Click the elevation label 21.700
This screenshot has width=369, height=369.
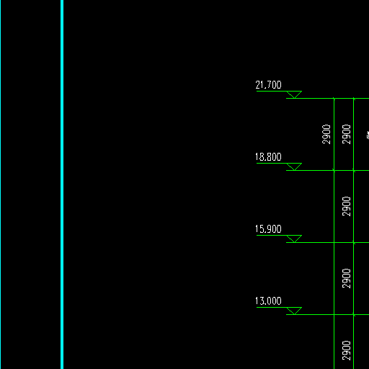pyautogui.click(x=268, y=85)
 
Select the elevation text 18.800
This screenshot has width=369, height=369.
pyautogui.click(x=268, y=157)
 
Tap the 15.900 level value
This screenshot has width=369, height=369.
pyautogui.click(x=268, y=229)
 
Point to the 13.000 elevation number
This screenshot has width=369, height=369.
pyautogui.click(x=268, y=301)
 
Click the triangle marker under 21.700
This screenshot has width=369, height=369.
pyautogui.click(x=294, y=94)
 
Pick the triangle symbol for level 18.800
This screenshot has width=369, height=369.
pyautogui.click(x=294, y=166)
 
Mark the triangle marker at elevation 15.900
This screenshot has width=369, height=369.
pyautogui.click(x=294, y=238)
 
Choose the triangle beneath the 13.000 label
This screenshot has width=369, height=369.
pyautogui.click(x=294, y=310)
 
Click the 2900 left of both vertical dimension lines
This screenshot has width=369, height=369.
pyautogui.click(x=326, y=134)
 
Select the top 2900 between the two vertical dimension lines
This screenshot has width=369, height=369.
pyautogui.click(x=346, y=134)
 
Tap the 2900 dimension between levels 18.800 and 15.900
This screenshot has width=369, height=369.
pyautogui.click(x=346, y=206)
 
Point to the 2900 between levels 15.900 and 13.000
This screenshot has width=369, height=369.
pyautogui.click(x=346, y=278)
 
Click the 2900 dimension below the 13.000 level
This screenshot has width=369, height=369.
pyautogui.click(x=346, y=350)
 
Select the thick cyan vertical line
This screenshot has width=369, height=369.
pyautogui.click(x=62, y=184)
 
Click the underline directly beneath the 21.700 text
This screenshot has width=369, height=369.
pyautogui.click(x=272, y=92)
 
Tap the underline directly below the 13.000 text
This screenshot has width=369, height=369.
pyautogui.click(x=272, y=308)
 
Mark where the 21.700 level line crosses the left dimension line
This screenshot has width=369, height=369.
pyautogui.click(x=334, y=98)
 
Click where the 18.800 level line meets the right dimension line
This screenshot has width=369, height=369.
pyautogui.click(x=354, y=170)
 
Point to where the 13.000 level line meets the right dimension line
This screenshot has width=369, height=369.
pyautogui.click(x=354, y=314)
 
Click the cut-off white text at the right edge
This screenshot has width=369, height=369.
pyautogui.click(x=368, y=135)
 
